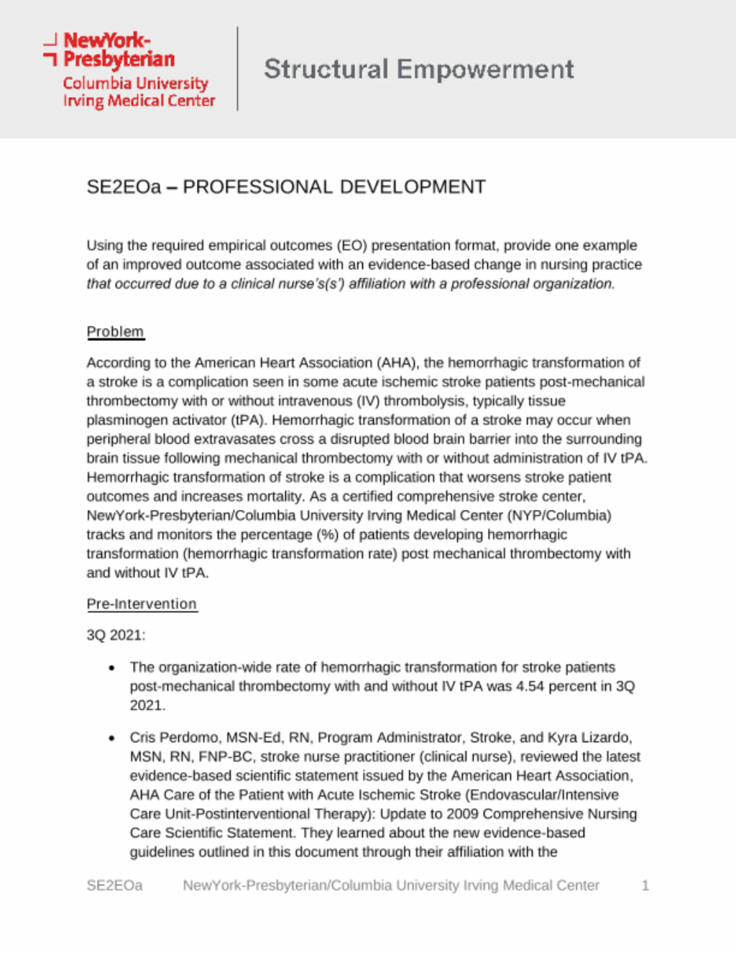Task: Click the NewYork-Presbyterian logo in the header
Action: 129,70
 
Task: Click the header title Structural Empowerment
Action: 419,69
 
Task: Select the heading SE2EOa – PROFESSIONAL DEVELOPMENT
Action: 286,187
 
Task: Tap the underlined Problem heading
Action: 115,332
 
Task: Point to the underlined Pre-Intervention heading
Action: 142,604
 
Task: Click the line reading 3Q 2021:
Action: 116,635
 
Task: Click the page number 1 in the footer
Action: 645,885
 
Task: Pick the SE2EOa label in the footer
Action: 114,885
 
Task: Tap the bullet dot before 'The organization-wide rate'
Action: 111,668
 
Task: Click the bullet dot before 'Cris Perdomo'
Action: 111,738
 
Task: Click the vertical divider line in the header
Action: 237,69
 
